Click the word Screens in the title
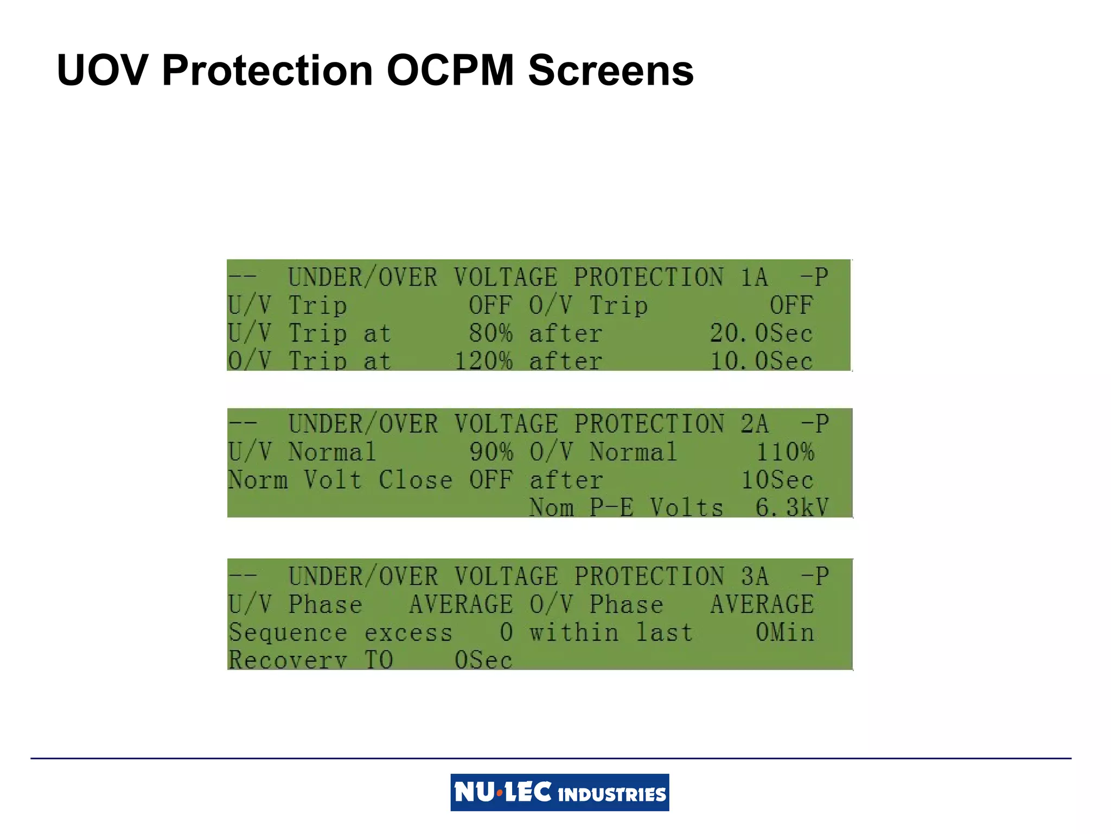610,71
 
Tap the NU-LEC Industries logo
559,792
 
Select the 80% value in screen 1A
490,333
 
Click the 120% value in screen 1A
483,361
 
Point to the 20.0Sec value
761,333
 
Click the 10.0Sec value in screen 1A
761,361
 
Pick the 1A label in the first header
754,277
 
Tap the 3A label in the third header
755,577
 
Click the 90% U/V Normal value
491,452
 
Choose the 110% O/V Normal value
784,452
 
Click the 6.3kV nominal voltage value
791,508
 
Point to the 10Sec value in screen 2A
777,480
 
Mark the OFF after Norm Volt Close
491,480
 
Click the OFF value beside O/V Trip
791,306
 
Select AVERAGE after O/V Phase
762,604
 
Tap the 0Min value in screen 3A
784,633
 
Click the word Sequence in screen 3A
287,633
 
